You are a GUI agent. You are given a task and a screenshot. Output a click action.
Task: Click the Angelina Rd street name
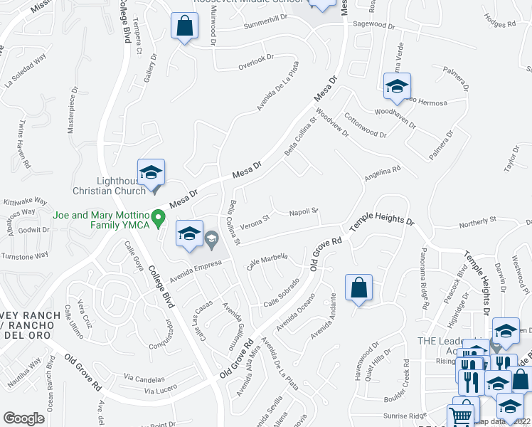[383, 172]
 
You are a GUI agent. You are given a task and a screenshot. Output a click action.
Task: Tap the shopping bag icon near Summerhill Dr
[184, 26]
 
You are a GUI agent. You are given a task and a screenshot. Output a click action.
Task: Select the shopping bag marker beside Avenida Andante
[359, 288]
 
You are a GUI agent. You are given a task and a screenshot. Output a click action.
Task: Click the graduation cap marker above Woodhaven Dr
[396, 87]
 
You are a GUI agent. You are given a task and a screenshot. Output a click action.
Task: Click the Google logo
[23, 418]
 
